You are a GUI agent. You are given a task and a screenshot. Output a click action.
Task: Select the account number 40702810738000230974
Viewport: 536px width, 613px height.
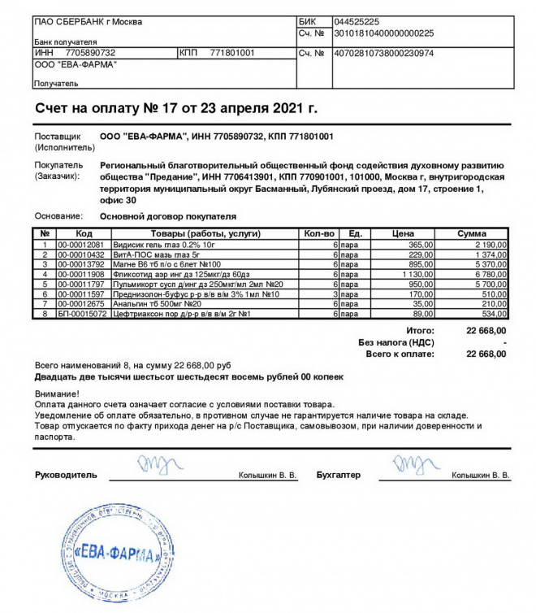pyautogui.click(x=384, y=53)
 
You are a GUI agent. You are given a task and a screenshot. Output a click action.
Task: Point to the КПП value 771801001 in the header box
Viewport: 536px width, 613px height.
pyautogui.click(x=232, y=53)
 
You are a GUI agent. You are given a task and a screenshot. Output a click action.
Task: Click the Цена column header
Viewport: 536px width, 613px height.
pyautogui.click(x=403, y=234)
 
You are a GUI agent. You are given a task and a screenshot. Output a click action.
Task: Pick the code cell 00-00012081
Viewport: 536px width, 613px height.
pyautogui.click(x=80, y=245)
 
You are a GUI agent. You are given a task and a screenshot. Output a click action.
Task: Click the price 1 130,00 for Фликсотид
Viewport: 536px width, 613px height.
pyautogui.click(x=415, y=274)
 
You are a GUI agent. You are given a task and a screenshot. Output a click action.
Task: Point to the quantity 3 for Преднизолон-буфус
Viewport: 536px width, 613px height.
pyautogui.click(x=334, y=293)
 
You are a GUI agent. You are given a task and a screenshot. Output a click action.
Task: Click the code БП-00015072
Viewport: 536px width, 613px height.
pyautogui.click(x=80, y=313)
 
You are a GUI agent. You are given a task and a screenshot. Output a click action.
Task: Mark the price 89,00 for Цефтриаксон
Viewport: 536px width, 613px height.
pyautogui.click(x=422, y=313)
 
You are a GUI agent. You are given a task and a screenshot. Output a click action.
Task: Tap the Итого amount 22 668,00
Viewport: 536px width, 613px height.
pyautogui.click(x=486, y=331)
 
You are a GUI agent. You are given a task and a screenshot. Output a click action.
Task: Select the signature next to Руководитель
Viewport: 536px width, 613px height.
pyautogui.click(x=153, y=466)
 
